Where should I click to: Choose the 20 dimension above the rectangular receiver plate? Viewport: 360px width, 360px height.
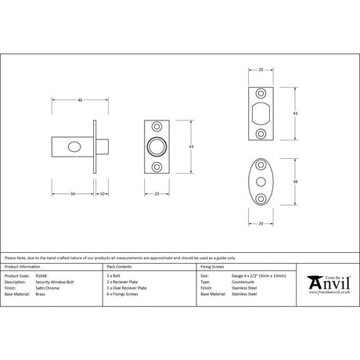point(261,70)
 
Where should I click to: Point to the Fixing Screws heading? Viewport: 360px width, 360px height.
point(213,267)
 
